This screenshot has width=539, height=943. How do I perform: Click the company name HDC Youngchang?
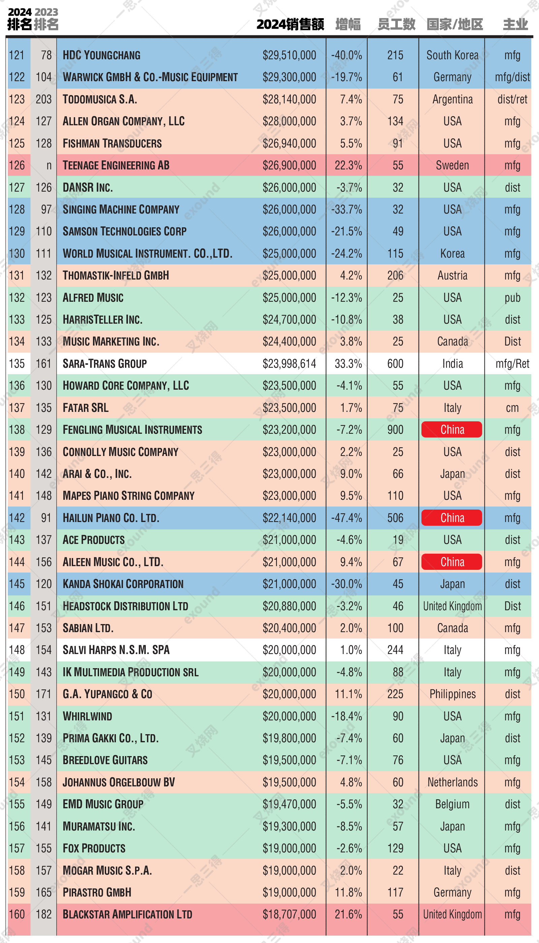point(101,55)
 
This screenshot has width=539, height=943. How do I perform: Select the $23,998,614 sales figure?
point(289,363)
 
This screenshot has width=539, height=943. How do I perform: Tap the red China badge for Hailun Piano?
point(452,518)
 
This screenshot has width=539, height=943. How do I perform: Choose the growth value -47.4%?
point(347,518)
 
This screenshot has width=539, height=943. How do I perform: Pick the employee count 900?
point(395,430)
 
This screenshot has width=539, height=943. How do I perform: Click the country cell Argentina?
point(452,99)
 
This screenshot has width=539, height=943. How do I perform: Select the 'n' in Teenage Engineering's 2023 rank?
point(49,165)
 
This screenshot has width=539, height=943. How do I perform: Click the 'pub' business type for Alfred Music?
point(512,298)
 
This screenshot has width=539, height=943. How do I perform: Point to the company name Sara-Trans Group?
point(105,363)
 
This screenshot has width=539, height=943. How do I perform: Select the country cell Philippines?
point(452,694)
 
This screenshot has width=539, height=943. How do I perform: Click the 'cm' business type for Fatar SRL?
point(512,408)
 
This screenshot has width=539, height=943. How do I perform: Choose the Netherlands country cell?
point(452,782)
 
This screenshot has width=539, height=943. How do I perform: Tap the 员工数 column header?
point(396,25)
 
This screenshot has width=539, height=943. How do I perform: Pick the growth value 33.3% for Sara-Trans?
point(348,363)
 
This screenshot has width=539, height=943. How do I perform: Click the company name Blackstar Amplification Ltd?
point(127,914)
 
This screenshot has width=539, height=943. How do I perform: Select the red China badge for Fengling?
point(452,430)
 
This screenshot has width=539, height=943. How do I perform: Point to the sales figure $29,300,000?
point(289,77)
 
